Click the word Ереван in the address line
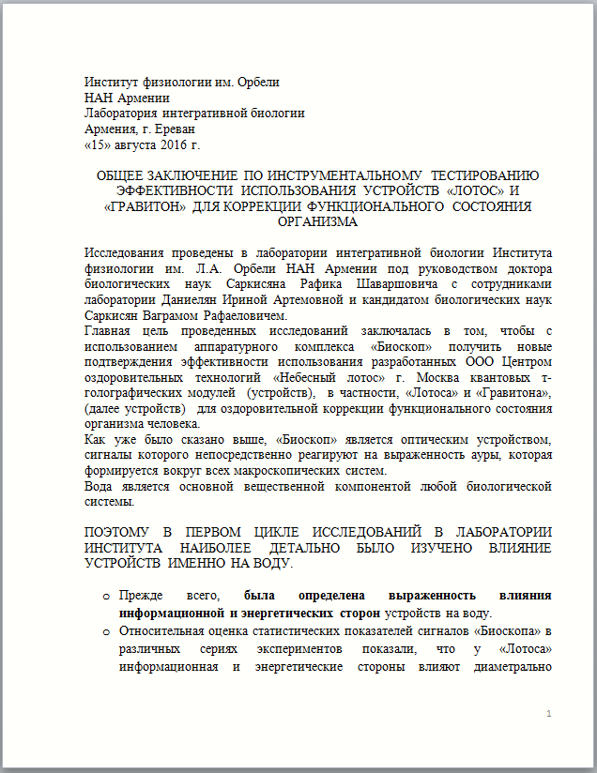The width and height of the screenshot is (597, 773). click(x=172, y=129)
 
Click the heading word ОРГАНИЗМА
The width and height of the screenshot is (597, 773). click(x=317, y=222)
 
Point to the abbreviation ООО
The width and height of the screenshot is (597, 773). click(x=479, y=362)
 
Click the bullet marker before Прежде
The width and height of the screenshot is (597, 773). click(x=106, y=597)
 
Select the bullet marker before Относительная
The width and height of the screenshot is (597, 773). click(x=106, y=629)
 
